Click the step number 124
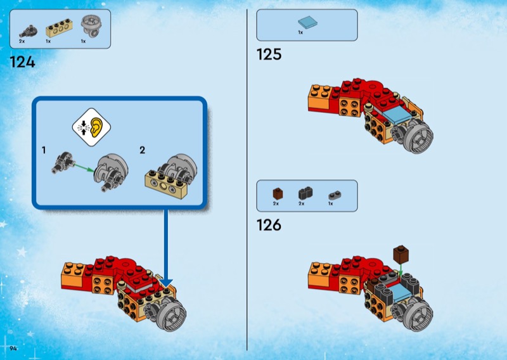pyautogui.click(x=22, y=61)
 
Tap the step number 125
pyautogui.click(x=269, y=54)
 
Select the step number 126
pyautogui.click(x=269, y=225)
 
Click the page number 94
pyautogui.click(x=13, y=348)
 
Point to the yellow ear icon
pyautogui.click(x=97, y=127)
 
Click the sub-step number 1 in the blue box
pyautogui.click(x=44, y=150)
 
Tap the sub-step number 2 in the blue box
pyautogui.click(x=142, y=150)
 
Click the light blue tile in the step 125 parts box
pyautogui.click(x=307, y=22)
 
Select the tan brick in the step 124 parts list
pyautogui.click(x=60, y=28)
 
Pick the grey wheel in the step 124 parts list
pyautogui.click(x=91, y=27)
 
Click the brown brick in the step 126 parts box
pyautogui.click(x=278, y=194)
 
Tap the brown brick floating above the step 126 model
pyautogui.click(x=401, y=255)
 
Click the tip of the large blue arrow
pyautogui.click(x=166, y=287)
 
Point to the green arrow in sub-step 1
pyautogui.click(x=84, y=169)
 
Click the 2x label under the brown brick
pyautogui.click(x=276, y=203)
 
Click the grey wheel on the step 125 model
pyautogui.click(x=414, y=138)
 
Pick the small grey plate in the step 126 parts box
pyautogui.click(x=335, y=195)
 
